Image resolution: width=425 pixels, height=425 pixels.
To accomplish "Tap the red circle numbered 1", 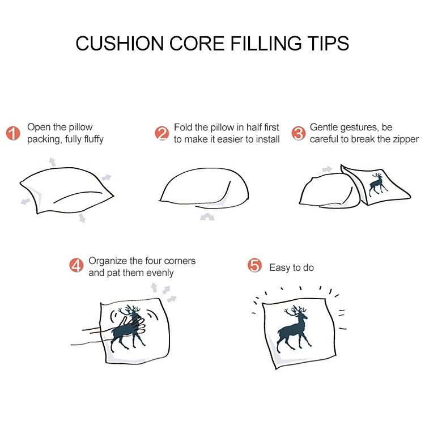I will (x=13, y=133).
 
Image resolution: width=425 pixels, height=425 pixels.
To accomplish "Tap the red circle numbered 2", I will (x=162, y=133).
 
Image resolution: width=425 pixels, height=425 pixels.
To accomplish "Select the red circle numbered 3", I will (x=298, y=133).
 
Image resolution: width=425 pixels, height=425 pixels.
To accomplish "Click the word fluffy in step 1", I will (x=90, y=139).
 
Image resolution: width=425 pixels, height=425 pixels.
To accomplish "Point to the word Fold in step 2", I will (x=184, y=127).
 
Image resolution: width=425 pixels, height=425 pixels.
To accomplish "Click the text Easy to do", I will (x=291, y=267).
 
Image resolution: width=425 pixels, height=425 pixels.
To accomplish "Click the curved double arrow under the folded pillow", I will (x=207, y=216).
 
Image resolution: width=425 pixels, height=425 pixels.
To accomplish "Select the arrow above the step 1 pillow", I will (x=52, y=161).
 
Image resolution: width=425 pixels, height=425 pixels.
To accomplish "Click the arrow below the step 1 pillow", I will (x=82, y=217).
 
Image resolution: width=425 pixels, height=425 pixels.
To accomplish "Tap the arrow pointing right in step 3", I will (x=327, y=169).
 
